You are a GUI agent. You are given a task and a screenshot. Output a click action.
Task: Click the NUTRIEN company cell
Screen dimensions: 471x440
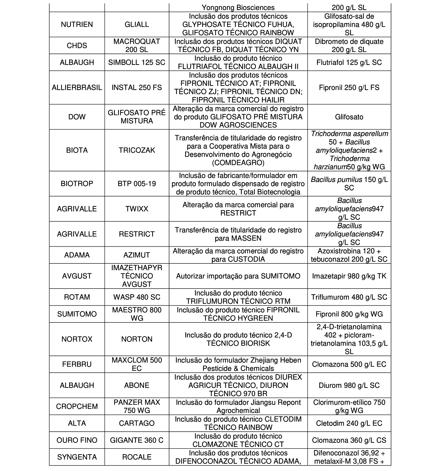coord(77,25)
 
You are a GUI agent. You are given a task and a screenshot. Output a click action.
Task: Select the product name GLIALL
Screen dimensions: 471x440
coord(137,25)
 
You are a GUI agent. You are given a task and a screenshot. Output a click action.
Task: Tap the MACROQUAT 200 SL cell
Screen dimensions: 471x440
coord(137,46)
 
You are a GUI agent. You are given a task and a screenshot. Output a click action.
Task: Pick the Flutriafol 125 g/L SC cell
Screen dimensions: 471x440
coord(349,62)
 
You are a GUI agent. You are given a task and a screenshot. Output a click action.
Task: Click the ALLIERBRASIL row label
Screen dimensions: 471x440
coord(77,87)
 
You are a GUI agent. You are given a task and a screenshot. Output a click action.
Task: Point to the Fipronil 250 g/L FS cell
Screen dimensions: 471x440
coord(349,87)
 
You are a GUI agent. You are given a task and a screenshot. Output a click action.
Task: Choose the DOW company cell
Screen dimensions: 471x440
coord(77,117)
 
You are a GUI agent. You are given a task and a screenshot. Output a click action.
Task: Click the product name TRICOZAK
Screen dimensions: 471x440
coord(137,150)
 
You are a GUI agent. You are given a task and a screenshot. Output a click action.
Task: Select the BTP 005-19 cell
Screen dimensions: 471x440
coord(137,183)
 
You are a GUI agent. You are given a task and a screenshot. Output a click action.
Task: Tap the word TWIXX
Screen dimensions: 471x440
coord(137,209)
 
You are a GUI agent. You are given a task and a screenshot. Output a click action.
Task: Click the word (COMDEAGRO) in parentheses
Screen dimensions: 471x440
coord(238,163)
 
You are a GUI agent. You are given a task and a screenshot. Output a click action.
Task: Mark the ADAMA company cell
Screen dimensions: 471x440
coord(77,255)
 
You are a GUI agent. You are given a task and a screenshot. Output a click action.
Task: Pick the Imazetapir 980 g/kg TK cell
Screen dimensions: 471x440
coord(349,276)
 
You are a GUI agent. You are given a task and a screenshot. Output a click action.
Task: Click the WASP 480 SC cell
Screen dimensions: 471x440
coord(137,297)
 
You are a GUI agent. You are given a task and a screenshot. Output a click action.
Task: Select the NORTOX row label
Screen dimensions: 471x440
coord(77,339)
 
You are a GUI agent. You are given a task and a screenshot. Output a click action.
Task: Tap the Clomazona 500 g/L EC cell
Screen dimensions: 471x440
coord(349,364)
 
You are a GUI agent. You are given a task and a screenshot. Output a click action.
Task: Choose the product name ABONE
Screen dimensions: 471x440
coord(137,385)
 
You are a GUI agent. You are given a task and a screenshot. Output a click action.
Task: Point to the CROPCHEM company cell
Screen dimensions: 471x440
coord(77,406)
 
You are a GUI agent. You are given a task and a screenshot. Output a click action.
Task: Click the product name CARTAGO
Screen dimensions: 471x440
coord(137,423)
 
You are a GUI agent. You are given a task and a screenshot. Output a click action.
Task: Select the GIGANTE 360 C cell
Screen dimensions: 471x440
coord(137,440)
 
